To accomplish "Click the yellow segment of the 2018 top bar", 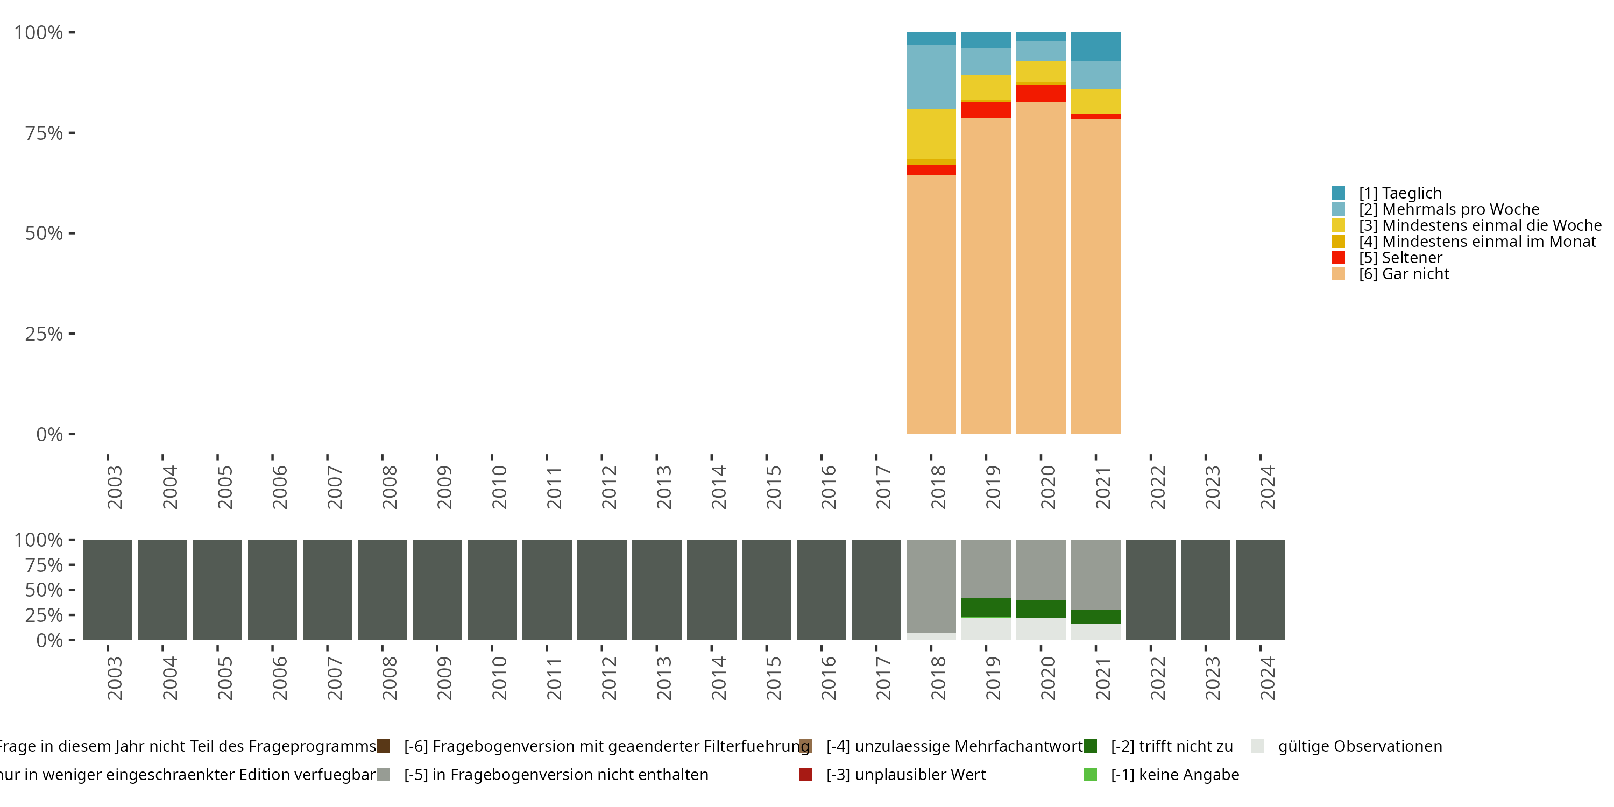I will [x=931, y=133].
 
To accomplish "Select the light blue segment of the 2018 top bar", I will [x=931, y=76].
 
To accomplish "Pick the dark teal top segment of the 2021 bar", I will [x=1096, y=46].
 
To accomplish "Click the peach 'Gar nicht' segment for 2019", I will [x=986, y=275].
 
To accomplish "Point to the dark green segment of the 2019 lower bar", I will [x=986, y=607].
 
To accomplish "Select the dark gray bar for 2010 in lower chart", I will [x=492, y=590].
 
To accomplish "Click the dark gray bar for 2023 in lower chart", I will [x=1206, y=590].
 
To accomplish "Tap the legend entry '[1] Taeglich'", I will [x=1400, y=193].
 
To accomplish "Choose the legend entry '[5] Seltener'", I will [x=1400, y=258].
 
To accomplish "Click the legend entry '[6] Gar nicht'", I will [x=1404, y=274].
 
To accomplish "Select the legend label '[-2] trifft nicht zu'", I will [x=1172, y=746].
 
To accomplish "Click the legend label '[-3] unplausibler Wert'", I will [x=906, y=774].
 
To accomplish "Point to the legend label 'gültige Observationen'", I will [x=1360, y=746].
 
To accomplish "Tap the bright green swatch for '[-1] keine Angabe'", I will [x=1091, y=774].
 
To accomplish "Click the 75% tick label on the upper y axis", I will [x=44, y=133].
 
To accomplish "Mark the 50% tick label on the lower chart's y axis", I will [x=44, y=590].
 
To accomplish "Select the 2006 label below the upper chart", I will [x=279, y=487].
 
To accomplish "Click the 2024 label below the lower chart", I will [x=1268, y=678].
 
